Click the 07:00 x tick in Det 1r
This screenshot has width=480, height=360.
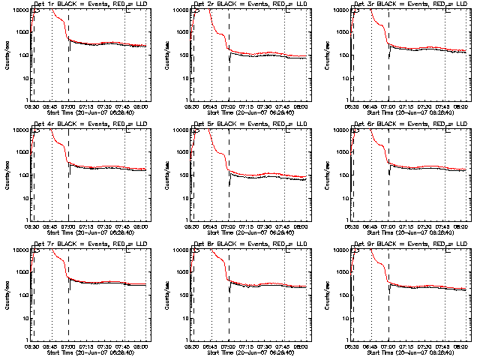[68, 106]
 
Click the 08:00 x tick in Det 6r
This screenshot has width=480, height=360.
[461, 226]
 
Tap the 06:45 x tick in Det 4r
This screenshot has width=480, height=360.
[51, 226]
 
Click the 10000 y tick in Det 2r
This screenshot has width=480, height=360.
[177, 10]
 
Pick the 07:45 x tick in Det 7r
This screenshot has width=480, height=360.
[124, 346]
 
